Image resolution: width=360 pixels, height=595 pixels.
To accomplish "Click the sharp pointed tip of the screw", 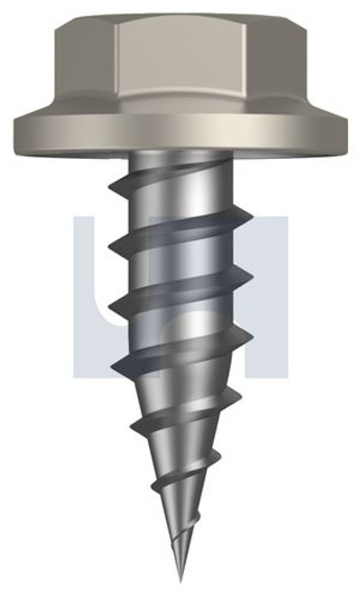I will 180,578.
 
